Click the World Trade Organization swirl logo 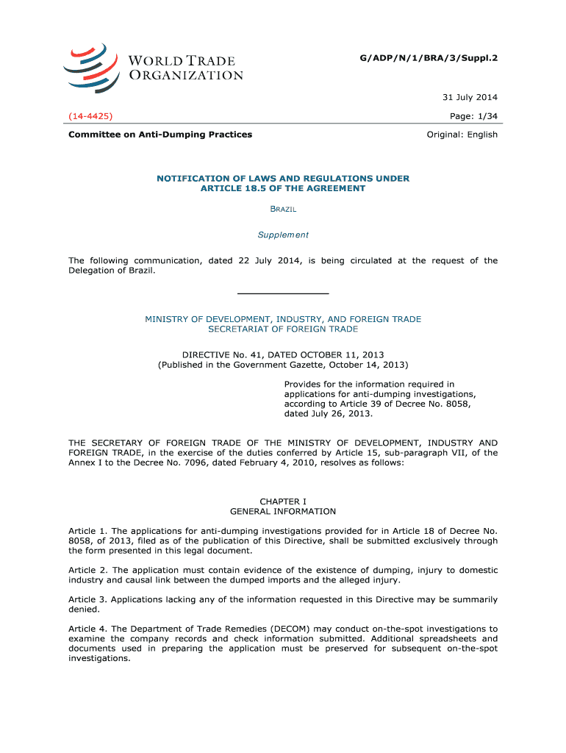pyautogui.click(x=90, y=67)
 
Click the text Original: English pyautogui.click(x=462, y=135)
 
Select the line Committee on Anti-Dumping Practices pyautogui.click(x=160, y=135)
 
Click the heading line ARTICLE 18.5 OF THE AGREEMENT pyautogui.click(x=283, y=188)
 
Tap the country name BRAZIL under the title pyautogui.click(x=283, y=210)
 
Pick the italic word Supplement pyautogui.click(x=283, y=235)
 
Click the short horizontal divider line pyautogui.click(x=283, y=293)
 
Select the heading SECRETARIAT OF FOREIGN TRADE pyautogui.click(x=283, y=329)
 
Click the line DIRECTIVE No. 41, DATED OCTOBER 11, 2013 pyautogui.click(x=283, y=354)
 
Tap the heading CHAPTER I pyautogui.click(x=283, y=502)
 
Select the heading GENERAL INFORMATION pyautogui.click(x=283, y=511)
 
